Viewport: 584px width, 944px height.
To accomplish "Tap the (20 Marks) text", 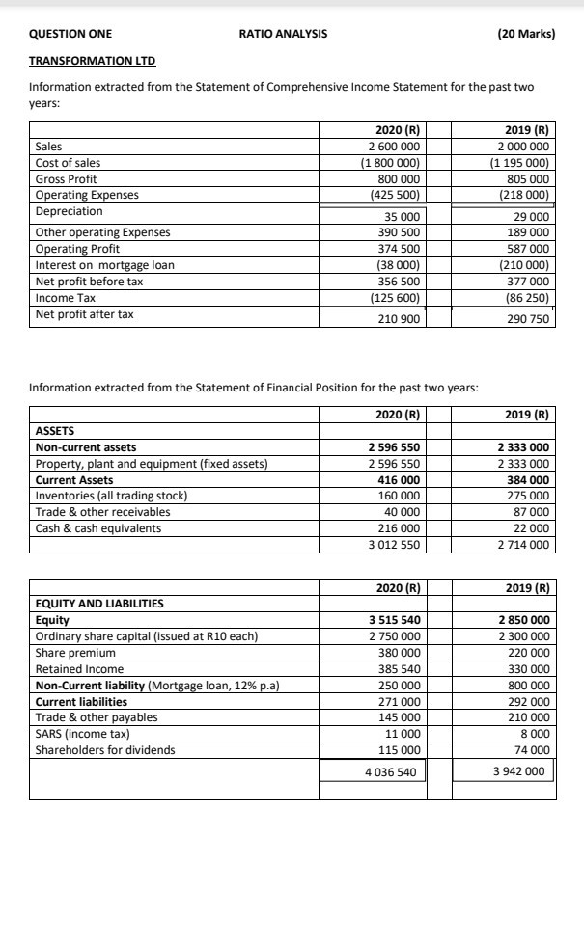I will click(x=526, y=34).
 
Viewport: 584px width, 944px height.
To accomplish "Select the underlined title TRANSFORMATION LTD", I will click(x=92, y=61).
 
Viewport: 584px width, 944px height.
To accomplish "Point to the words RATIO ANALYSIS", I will click(x=283, y=34).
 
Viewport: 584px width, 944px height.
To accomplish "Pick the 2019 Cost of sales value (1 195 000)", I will click(x=520, y=163).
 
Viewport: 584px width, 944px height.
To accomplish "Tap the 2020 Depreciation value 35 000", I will click(x=400, y=217).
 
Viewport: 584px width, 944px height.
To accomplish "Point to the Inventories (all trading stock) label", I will click(x=111, y=496).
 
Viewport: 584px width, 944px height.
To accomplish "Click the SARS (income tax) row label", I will click(x=82, y=734).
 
